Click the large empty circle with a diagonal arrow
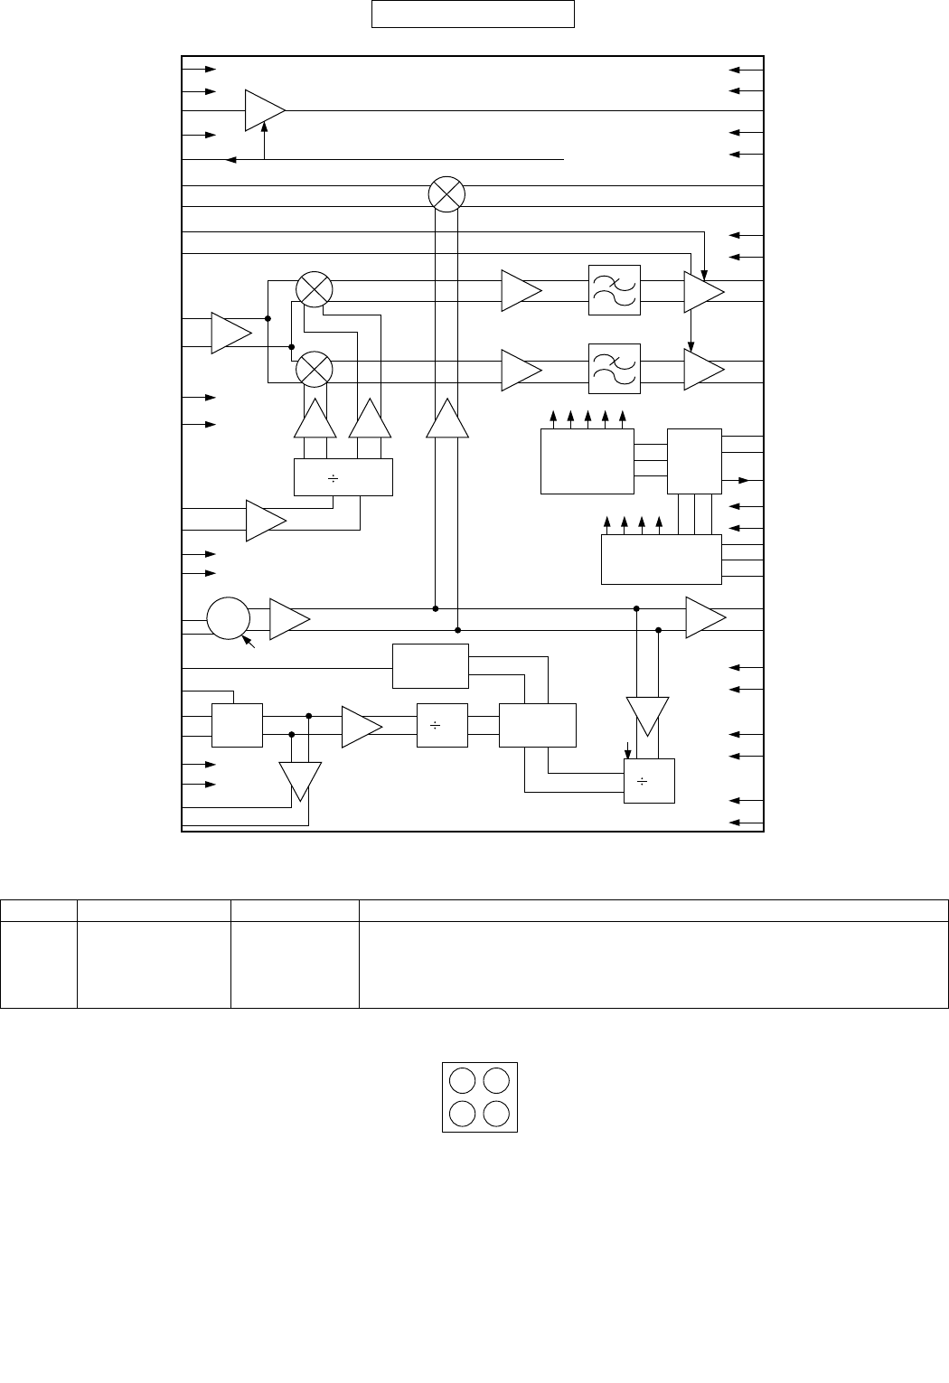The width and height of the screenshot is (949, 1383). [x=228, y=619]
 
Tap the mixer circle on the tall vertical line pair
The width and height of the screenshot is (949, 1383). [x=446, y=193]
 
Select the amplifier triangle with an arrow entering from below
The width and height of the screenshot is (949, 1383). [x=264, y=110]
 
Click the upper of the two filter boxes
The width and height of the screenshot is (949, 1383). [x=614, y=290]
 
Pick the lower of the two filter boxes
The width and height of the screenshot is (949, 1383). [x=614, y=369]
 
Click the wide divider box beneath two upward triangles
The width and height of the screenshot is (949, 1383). [x=343, y=477]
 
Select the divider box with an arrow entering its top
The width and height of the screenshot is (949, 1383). [x=649, y=780]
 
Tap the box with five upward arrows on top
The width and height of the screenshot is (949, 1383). [x=587, y=461]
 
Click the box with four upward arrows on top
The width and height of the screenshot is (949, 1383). [x=661, y=560]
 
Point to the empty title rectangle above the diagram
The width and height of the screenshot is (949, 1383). [x=474, y=15]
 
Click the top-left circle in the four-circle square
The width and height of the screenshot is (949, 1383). [x=462, y=1081]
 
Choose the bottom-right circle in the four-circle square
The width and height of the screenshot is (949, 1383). [x=496, y=1115]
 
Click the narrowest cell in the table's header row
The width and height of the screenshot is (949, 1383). [x=39, y=910]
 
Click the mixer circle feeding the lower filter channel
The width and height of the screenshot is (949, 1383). [x=315, y=369]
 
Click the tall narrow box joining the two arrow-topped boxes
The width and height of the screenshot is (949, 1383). [x=694, y=461]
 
